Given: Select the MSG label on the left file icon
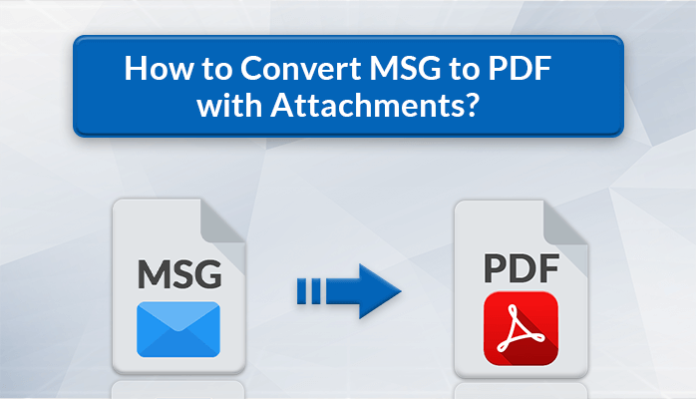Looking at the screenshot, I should point(177,272).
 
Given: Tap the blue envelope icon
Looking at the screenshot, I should point(177,328).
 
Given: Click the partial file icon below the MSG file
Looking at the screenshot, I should point(177,390).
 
